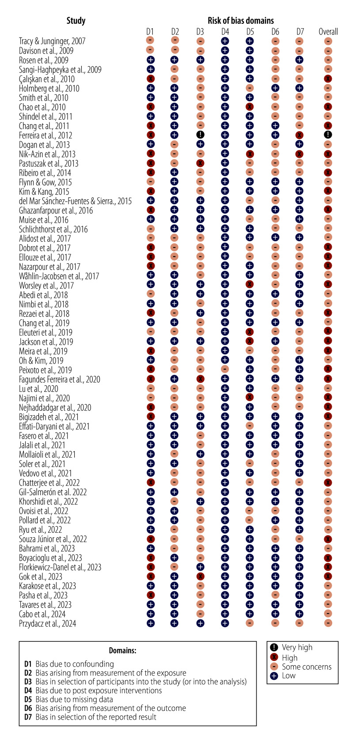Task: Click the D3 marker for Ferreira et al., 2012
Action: point(200,135)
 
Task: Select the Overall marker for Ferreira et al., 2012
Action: point(328,135)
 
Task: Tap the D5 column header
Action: point(250,31)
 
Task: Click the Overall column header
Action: point(328,31)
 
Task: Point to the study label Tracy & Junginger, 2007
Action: point(52,41)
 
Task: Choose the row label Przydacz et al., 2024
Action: point(47,623)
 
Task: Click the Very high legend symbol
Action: point(274,648)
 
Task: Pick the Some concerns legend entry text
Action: point(307,667)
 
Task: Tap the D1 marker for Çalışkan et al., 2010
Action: point(150,79)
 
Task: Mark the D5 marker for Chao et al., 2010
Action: point(250,107)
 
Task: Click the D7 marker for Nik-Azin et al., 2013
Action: point(300,154)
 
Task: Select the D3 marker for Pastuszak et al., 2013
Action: point(200,163)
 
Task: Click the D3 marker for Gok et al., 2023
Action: point(200,577)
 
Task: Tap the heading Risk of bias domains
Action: point(241,21)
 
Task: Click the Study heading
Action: point(76,21)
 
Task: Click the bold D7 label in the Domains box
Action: point(28,717)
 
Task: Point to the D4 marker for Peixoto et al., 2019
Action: point(225,370)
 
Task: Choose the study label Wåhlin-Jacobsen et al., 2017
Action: point(59,276)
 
